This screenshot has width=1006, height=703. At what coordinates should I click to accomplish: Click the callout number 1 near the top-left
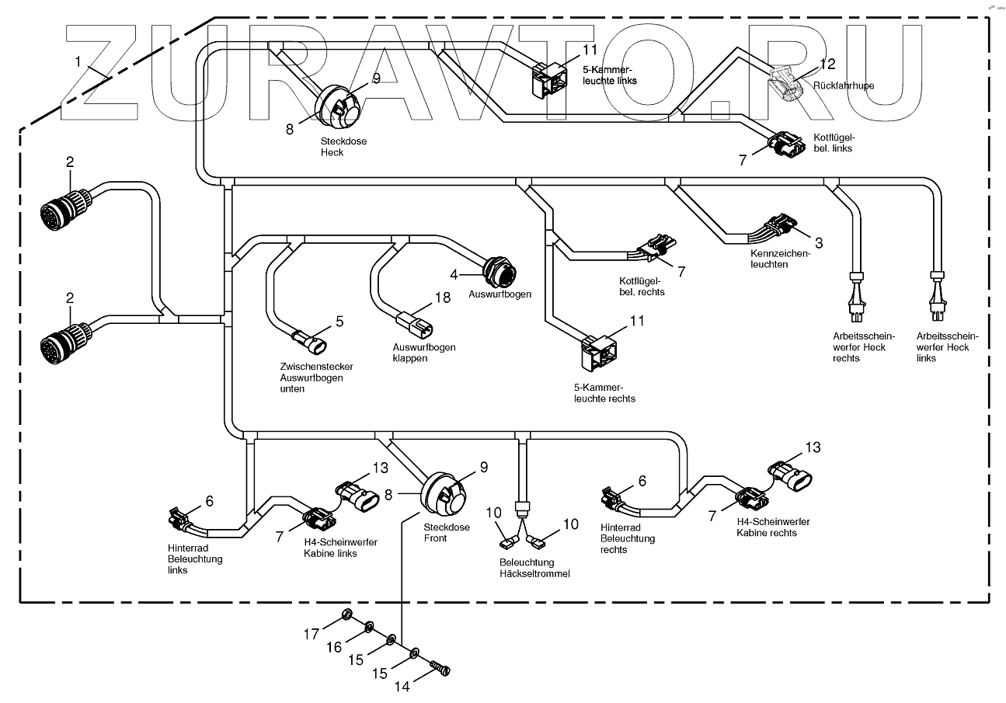click(x=78, y=60)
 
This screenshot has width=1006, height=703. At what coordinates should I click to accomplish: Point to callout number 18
click(x=441, y=298)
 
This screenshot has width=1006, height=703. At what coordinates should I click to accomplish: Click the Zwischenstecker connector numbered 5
click(x=315, y=341)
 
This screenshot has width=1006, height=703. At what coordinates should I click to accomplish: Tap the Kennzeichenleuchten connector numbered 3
click(x=781, y=226)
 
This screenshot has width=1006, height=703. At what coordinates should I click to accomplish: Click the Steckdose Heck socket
click(x=339, y=110)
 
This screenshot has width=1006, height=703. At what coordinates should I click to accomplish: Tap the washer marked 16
click(x=371, y=627)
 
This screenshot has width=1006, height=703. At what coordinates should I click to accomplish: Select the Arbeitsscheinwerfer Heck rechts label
click(x=862, y=347)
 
